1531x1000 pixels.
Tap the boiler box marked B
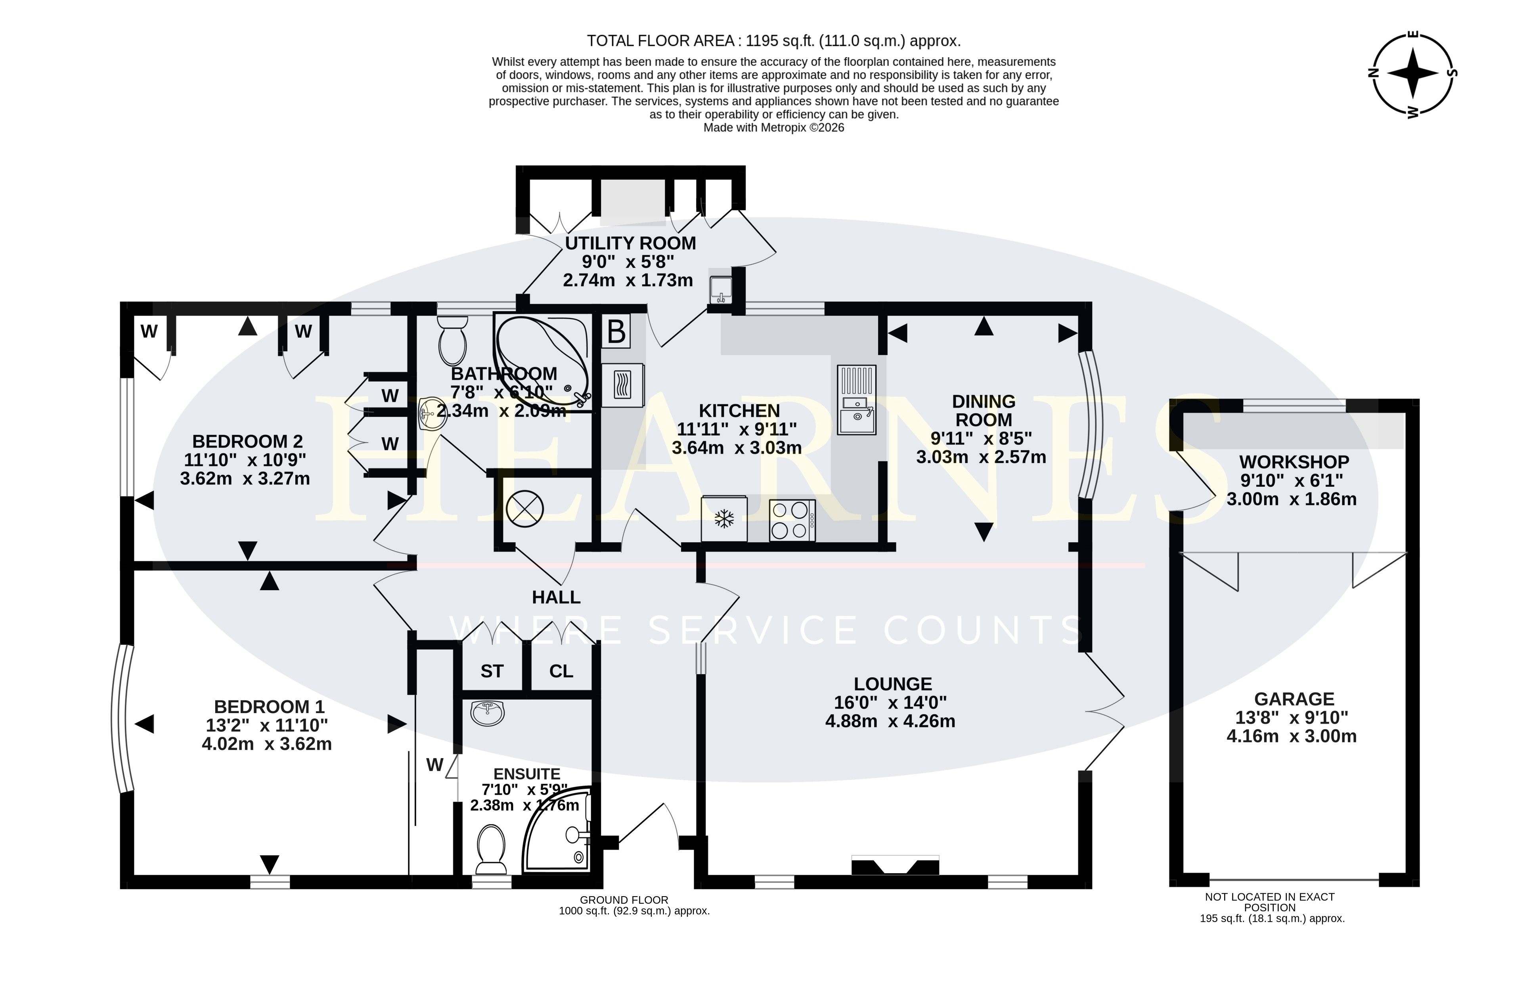coord(616,332)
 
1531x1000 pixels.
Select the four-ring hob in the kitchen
coord(792,521)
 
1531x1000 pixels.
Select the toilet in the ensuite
coord(492,849)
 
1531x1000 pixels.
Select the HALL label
coord(557,597)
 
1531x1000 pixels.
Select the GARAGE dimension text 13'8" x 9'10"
coord(1292,717)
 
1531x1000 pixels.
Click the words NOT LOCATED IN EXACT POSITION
coord(1270,902)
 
